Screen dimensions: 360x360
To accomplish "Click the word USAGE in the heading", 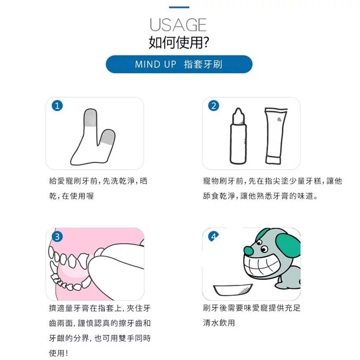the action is click(x=178, y=25).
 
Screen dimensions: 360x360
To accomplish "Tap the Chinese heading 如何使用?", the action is click(x=179, y=42).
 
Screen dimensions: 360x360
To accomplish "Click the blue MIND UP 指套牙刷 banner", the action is click(x=179, y=64).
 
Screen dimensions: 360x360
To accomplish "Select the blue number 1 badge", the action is click(x=57, y=106).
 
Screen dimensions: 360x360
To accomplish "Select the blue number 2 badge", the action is click(x=213, y=106).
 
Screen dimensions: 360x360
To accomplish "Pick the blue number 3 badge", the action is click(x=57, y=237).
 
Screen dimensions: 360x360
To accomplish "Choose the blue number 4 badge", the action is click(x=213, y=236).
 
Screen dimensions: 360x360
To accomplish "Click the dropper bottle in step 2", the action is click(x=238, y=136).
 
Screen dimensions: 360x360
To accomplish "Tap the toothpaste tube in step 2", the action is click(x=275, y=136).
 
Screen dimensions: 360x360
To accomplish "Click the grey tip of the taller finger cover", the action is click(x=90, y=117).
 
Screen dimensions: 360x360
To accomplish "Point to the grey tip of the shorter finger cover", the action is click(x=108, y=137).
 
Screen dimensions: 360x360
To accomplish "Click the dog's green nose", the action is click(x=249, y=251).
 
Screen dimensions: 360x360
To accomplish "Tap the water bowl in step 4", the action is click(x=233, y=290).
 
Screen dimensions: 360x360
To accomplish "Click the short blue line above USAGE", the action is click(x=179, y=7).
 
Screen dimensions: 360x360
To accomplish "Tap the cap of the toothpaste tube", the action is click(x=273, y=160).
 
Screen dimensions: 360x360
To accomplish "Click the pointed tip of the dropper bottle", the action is click(x=238, y=110).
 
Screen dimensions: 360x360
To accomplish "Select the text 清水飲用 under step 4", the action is click(x=219, y=323).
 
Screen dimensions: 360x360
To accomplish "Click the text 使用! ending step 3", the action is click(x=58, y=353).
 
